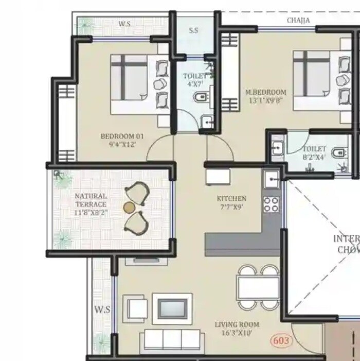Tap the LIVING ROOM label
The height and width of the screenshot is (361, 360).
pyautogui.click(x=237, y=324)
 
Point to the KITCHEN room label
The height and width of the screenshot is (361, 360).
pyautogui.click(x=231, y=198)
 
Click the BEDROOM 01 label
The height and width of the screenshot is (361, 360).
pyautogui.click(x=122, y=136)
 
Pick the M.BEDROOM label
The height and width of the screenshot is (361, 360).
pyautogui.click(x=266, y=93)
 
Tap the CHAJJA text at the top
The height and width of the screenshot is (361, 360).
pyautogui.click(x=298, y=21)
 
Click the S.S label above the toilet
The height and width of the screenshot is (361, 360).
pyautogui.click(x=193, y=30)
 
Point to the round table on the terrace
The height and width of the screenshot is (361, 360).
pyautogui.click(x=129, y=207)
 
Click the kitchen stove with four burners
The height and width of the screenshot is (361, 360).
pyautogui.click(x=271, y=204)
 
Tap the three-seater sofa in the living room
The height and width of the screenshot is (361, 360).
pyautogui.click(x=172, y=339)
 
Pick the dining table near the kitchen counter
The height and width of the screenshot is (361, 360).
pyautogui.click(x=257, y=288)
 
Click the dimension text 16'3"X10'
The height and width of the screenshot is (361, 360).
pyautogui.click(x=237, y=334)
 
